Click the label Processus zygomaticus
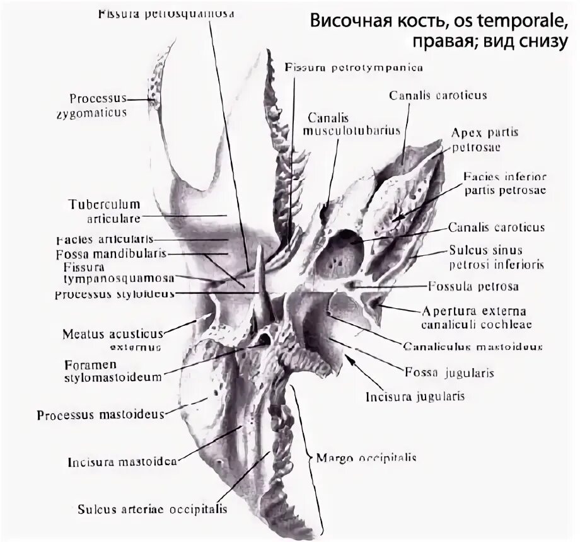click(98, 105)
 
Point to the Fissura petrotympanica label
click(353, 66)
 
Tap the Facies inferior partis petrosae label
click(504, 183)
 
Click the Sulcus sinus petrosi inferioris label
click(495, 257)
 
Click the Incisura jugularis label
click(415, 396)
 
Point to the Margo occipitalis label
click(366, 458)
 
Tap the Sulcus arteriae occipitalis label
click(152, 508)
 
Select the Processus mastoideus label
click(100, 415)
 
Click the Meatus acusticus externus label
click(113, 339)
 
